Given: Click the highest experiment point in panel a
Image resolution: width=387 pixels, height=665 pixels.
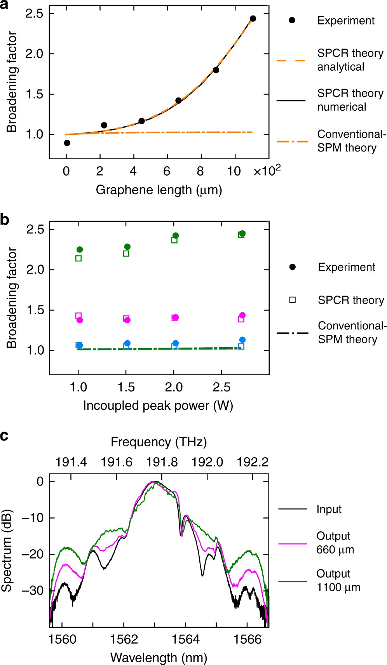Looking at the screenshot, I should pos(253,19).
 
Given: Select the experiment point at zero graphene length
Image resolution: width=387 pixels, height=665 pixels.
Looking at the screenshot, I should pos(67,143).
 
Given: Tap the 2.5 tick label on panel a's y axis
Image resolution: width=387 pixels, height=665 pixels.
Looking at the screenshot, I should pos(34,14).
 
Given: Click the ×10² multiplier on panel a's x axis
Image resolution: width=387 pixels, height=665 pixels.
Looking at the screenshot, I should pos(267,171).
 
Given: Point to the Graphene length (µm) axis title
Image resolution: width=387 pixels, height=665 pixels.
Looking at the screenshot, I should pos(159,190).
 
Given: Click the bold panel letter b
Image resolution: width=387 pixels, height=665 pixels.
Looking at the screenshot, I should pos(5,220).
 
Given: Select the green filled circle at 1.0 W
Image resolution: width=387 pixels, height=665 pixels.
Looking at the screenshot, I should pos(80,249).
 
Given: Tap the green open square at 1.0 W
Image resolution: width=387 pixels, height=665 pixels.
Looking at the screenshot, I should pos(78,258).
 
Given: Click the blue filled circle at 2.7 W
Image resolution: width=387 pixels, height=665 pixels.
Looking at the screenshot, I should pos(242,340).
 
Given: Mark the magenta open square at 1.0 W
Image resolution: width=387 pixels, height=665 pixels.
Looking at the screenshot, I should pos(78,316).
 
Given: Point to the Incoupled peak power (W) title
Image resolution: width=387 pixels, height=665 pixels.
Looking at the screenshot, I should pos(158,406).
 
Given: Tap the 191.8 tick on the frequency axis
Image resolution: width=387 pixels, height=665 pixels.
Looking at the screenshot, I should pos(162,462).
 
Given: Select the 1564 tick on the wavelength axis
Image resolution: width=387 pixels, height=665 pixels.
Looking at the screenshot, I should pos(185,639).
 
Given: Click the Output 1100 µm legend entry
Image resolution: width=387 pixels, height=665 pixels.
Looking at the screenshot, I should pos(338,580).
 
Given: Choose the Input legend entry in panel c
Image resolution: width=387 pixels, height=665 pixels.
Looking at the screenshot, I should pos(329,509).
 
